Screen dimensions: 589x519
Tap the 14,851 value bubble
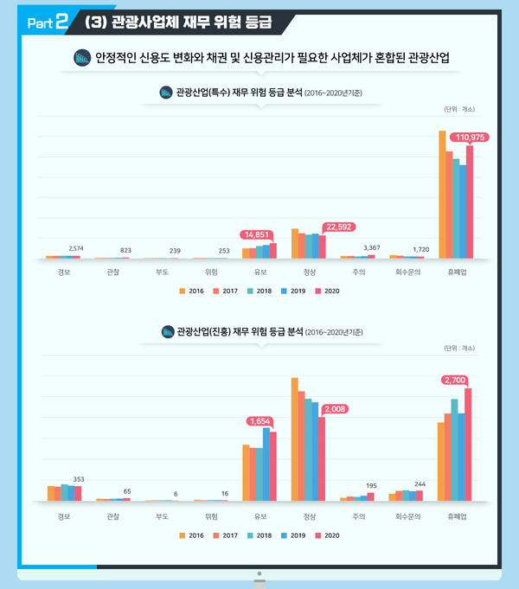(x=257, y=234)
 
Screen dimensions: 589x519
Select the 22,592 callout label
(x=338, y=227)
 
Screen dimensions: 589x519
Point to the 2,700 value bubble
(x=456, y=379)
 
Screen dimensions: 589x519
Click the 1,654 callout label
(x=260, y=420)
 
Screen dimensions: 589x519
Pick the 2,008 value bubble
(x=334, y=408)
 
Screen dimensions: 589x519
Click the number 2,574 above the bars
(x=76, y=249)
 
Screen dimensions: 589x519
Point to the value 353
(x=78, y=478)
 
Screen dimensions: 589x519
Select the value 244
(x=420, y=483)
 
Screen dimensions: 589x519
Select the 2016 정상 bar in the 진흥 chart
(x=295, y=439)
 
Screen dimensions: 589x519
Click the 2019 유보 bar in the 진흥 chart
(x=266, y=464)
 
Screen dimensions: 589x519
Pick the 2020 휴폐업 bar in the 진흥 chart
(x=468, y=445)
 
